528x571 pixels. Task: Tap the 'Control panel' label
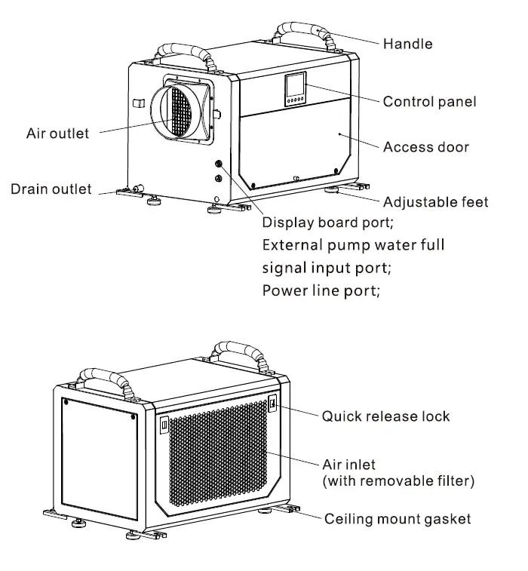click(x=429, y=101)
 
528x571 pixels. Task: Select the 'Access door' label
click(x=425, y=147)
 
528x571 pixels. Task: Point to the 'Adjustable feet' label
click(x=435, y=201)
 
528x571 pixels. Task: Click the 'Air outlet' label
click(x=57, y=134)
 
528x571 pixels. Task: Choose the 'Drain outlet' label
click(x=51, y=189)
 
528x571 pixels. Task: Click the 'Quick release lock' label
click(x=385, y=416)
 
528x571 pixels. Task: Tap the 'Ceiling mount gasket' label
click(x=398, y=518)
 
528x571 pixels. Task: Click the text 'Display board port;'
click(x=327, y=223)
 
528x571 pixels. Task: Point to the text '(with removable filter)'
click(x=398, y=480)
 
